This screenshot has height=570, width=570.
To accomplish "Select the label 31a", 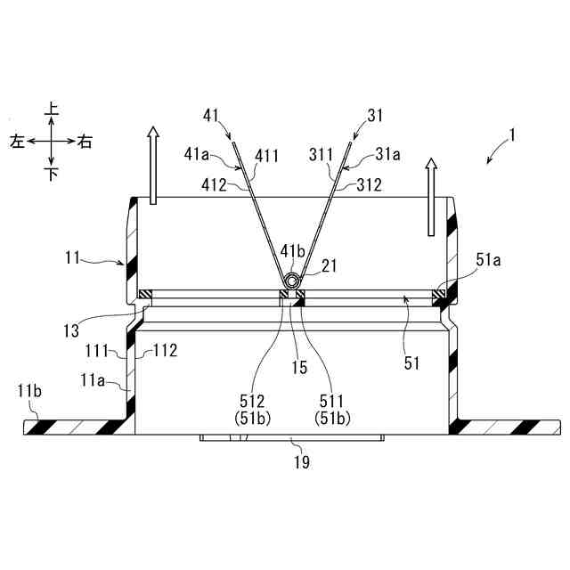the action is click(389, 153).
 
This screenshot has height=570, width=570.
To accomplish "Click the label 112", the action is click(167, 350).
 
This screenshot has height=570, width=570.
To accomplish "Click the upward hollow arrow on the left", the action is click(153, 164).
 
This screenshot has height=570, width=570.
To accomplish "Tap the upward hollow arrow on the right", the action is click(432, 196).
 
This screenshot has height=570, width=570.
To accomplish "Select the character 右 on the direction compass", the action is click(85, 142).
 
